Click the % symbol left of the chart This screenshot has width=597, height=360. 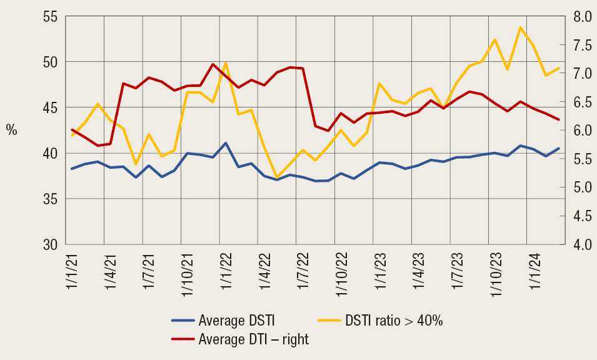pos(11,131)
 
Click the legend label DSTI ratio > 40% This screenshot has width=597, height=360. pos(394,321)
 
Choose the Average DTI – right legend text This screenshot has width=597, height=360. pos(253,340)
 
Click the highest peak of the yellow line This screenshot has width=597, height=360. pos(520,27)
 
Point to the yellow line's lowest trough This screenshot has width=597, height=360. pos(277,177)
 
